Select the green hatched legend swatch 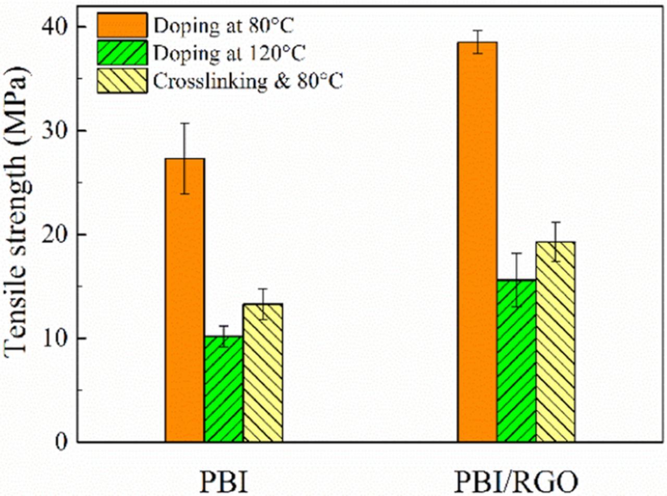(x=122, y=53)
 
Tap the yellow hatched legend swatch (x=122, y=81)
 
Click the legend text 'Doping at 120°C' (x=229, y=54)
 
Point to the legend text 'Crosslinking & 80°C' (x=248, y=81)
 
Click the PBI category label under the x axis (x=224, y=482)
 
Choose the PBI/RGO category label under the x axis (x=516, y=482)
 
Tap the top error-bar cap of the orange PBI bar (x=185, y=123)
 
